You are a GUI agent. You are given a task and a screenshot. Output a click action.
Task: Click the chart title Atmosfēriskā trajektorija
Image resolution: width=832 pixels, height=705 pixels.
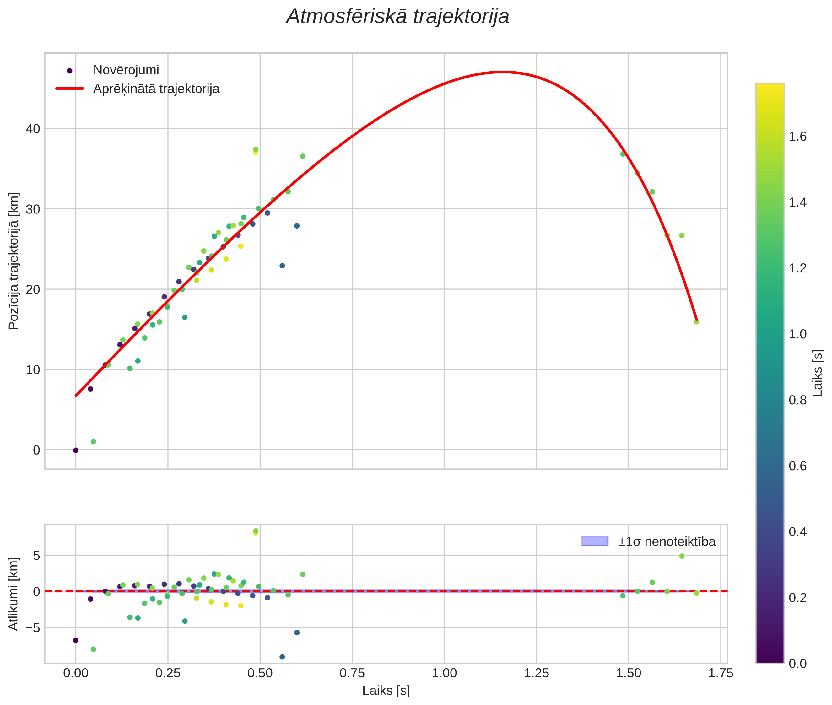click(x=397, y=17)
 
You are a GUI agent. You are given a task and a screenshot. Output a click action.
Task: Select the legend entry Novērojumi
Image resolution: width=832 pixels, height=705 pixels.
click(x=126, y=70)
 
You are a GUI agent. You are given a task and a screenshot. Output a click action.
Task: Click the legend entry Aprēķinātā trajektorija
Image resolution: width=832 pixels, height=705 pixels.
click(x=156, y=89)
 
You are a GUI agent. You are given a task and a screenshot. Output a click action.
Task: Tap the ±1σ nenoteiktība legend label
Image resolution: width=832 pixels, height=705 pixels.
click(x=667, y=541)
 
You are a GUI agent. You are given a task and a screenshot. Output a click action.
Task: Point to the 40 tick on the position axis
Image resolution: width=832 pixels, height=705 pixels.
click(x=33, y=129)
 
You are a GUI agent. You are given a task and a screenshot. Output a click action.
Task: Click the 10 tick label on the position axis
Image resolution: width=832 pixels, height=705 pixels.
click(x=33, y=370)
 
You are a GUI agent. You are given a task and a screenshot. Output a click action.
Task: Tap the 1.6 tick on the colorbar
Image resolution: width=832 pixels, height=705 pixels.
click(x=797, y=137)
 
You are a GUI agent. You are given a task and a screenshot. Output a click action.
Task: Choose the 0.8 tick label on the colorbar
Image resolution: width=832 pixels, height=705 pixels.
click(x=797, y=400)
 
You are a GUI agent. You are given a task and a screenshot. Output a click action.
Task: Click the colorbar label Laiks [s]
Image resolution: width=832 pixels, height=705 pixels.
click(x=818, y=373)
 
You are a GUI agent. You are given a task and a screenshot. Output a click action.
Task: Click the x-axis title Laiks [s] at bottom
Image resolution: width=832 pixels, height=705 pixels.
click(x=386, y=691)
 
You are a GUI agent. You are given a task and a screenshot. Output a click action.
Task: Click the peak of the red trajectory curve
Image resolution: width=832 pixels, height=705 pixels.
click(x=503, y=72)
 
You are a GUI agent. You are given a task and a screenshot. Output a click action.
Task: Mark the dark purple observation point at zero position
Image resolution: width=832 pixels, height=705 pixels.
click(x=76, y=450)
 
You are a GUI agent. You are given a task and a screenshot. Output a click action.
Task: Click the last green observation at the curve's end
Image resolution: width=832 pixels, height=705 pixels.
click(x=696, y=322)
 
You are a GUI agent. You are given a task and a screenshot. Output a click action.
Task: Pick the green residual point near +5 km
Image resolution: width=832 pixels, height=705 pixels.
click(x=682, y=556)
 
